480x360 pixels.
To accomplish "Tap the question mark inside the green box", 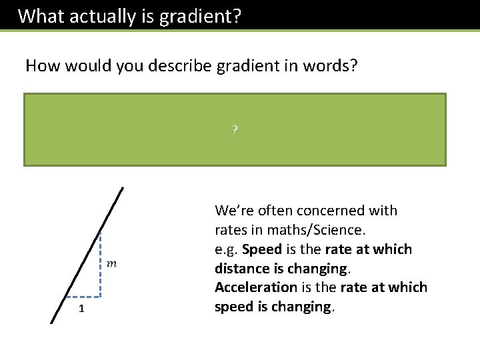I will (x=235, y=129).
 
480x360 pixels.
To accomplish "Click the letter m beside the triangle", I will (x=111, y=264).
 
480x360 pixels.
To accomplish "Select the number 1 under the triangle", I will (x=81, y=308).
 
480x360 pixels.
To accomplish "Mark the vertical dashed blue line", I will (x=99, y=267).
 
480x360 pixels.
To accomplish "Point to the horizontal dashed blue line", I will (x=83, y=295).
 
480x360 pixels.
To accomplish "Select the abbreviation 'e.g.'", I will (x=227, y=249).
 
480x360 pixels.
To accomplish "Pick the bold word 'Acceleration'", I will (x=255, y=287).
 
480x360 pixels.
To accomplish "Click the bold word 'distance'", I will (x=243, y=269).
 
